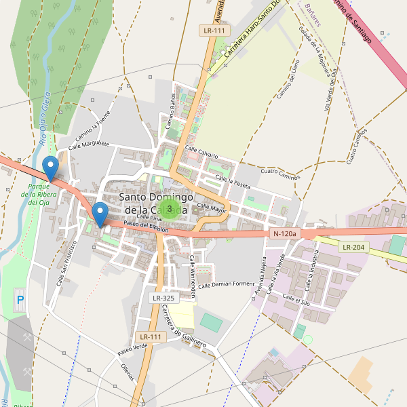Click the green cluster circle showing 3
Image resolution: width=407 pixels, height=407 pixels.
point(170,209)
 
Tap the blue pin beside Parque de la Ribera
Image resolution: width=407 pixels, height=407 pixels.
point(50,167)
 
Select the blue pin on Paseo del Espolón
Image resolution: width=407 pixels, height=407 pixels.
point(100,214)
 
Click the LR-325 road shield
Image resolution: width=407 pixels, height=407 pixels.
point(163,298)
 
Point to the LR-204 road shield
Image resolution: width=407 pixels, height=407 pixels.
point(354,248)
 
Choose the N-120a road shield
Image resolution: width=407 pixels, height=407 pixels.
point(284,233)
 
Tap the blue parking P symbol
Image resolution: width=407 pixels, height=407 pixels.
point(20,299)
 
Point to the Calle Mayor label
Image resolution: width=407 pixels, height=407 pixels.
point(211,207)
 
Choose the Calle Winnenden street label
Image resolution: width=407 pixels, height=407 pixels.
point(193,277)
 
